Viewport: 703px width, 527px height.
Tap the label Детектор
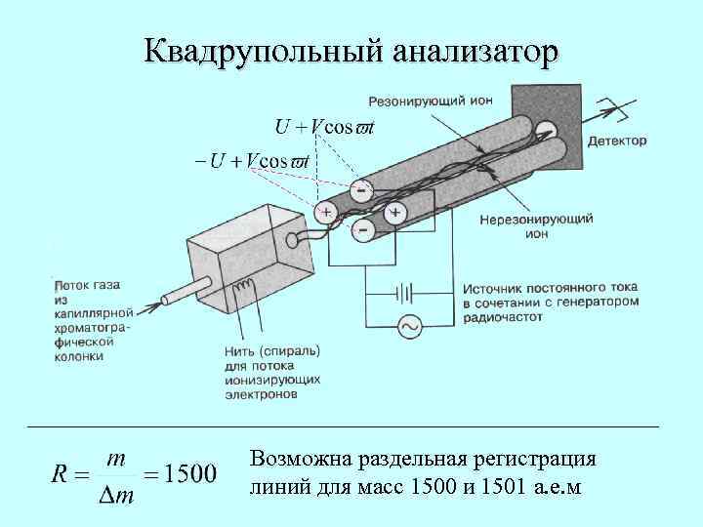click(617, 141)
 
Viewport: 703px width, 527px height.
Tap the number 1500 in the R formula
click(189, 475)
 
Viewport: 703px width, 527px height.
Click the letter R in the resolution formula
click(58, 475)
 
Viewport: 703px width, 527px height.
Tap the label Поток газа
click(87, 284)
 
